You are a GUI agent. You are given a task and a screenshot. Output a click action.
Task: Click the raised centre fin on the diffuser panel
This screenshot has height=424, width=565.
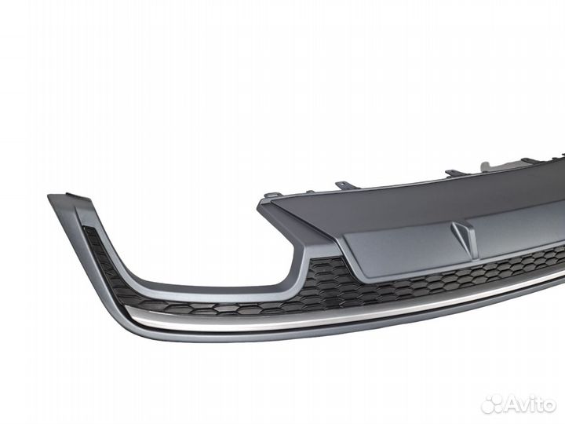(463, 235)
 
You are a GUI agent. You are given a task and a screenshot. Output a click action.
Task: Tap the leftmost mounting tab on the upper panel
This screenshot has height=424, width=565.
(271, 193)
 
